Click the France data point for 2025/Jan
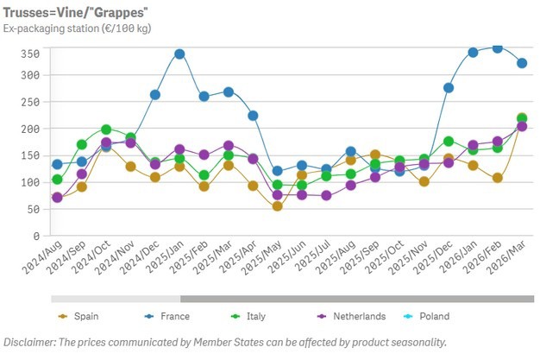pos(179,54)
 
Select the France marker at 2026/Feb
pos(497,47)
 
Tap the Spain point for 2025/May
pos(277,206)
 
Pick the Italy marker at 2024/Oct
pos(106,129)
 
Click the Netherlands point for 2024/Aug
pos(57,198)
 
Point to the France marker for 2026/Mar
pos(522,63)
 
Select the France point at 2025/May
pos(277,171)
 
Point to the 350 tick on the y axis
pos(31,54)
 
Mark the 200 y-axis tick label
pos(31,129)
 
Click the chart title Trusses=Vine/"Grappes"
pos(73,11)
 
